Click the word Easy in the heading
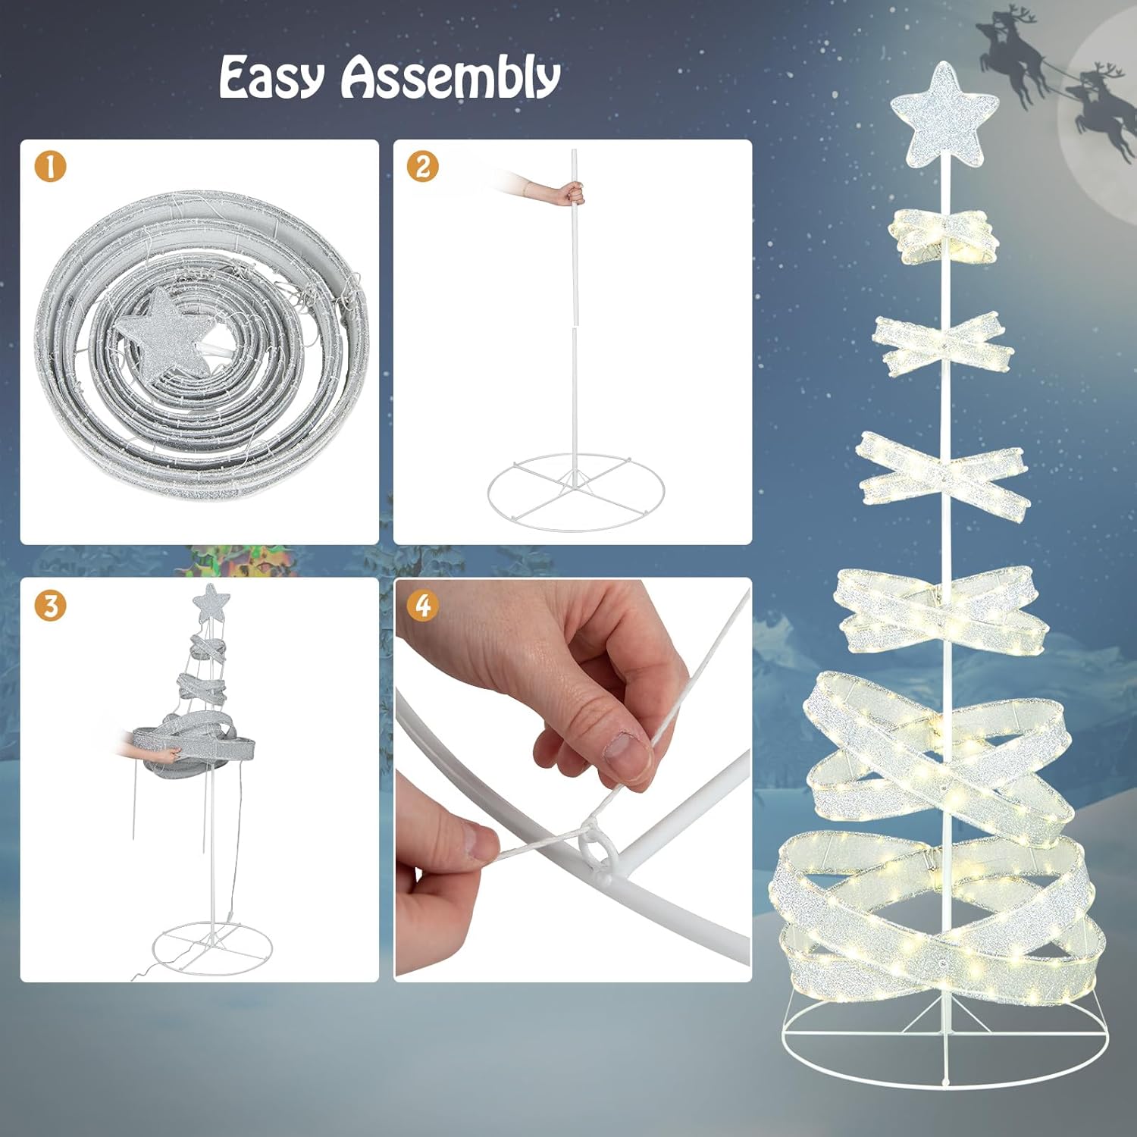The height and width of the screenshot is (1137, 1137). click(272, 77)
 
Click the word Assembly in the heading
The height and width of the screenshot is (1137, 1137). click(451, 77)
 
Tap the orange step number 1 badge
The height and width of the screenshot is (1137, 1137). click(50, 167)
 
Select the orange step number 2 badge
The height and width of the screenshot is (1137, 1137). click(422, 167)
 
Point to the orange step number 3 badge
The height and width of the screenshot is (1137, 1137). click(50, 606)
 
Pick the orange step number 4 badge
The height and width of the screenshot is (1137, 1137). click(422, 606)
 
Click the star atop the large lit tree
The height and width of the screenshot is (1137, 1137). click(943, 115)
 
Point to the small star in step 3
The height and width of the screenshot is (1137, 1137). click(211, 603)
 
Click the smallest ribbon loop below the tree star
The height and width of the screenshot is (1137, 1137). click(943, 236)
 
